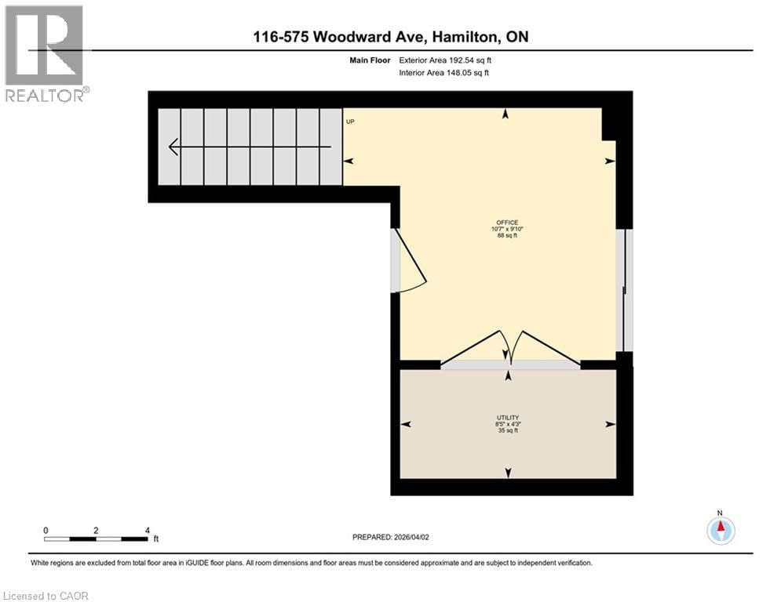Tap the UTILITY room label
(x=507, y=417)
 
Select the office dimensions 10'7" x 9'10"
(x=507, y=229)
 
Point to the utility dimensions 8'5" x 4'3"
(x=507, y=424)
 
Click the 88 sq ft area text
(x=507, y=236)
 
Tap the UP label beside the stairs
(x=350, y=121)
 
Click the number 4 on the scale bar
(x=147, y=531)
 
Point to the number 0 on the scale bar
(x=46, y=531)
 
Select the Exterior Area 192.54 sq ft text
(x=445, y=60)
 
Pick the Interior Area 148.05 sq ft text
(x=445, y=73)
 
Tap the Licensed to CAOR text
(x=46, y=596)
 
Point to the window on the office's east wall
(x=626, y=290)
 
